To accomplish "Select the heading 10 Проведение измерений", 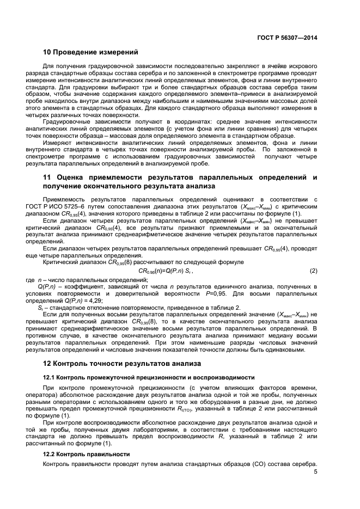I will pyautogui.click(x=90, y=53).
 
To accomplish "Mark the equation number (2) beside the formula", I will pyautogui.click(x=313, y=271).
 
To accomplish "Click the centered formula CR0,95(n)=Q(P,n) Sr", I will pyautogui.click(x=166, y=271).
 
